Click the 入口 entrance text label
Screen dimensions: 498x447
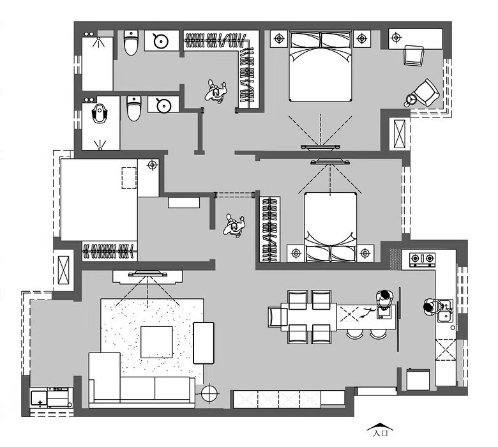380,433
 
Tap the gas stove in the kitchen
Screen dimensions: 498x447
422,259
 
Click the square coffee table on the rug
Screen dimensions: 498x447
156,342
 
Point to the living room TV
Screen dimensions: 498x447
147,273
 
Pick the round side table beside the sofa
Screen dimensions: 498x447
209,393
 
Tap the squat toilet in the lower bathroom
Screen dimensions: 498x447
100,113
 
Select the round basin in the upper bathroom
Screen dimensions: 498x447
161,41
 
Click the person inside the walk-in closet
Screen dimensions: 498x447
216,91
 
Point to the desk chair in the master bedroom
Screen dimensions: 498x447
414,56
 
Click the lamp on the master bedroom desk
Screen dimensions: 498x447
396,38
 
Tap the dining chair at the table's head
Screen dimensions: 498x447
278,317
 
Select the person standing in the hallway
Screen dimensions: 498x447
234,225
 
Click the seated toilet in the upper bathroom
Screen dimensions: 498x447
131,43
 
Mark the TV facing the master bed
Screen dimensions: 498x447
320,147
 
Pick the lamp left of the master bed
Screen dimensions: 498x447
279,39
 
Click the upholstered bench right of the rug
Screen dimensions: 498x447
204,343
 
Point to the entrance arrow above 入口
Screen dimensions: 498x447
380,427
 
